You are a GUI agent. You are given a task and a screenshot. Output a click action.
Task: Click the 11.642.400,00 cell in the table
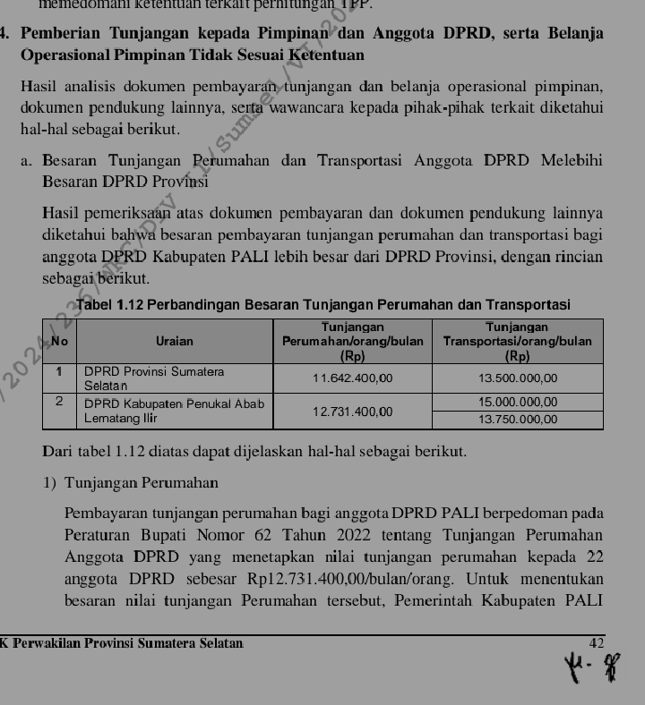[352, 378]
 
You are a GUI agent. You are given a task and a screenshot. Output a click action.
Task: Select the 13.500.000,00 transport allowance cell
[518, 378]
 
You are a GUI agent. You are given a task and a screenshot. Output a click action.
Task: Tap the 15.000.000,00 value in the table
[518, 403]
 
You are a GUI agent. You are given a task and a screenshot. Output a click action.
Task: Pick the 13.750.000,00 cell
[518, 419]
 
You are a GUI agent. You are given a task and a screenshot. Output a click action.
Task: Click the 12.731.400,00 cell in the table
[352, 411]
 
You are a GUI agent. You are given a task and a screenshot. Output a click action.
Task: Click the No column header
[60, 341]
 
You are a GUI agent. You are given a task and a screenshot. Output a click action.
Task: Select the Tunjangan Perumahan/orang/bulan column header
[352, 341]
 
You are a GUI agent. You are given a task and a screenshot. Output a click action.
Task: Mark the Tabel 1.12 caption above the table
[323, 306]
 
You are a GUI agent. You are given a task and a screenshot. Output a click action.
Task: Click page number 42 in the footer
[597, 643]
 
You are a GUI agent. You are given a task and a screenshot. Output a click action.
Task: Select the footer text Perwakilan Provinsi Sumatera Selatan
[125, 643]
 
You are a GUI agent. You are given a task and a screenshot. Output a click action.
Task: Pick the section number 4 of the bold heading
[4, 35]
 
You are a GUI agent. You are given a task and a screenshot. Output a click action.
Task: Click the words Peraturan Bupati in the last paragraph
[112, 534]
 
